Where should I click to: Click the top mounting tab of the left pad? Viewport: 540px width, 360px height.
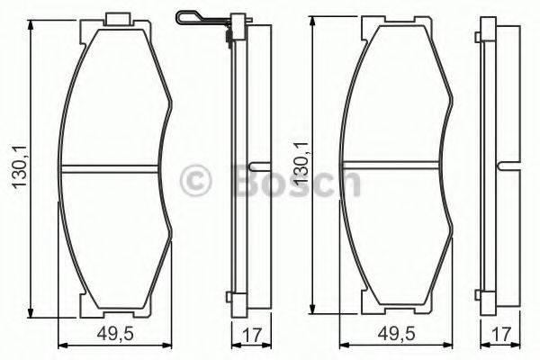[118, 19]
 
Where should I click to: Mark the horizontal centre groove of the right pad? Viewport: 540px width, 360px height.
[396, 164]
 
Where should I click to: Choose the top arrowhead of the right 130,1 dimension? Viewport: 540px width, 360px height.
[313, 19]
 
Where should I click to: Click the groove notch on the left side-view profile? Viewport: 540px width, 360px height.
[255, 168]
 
